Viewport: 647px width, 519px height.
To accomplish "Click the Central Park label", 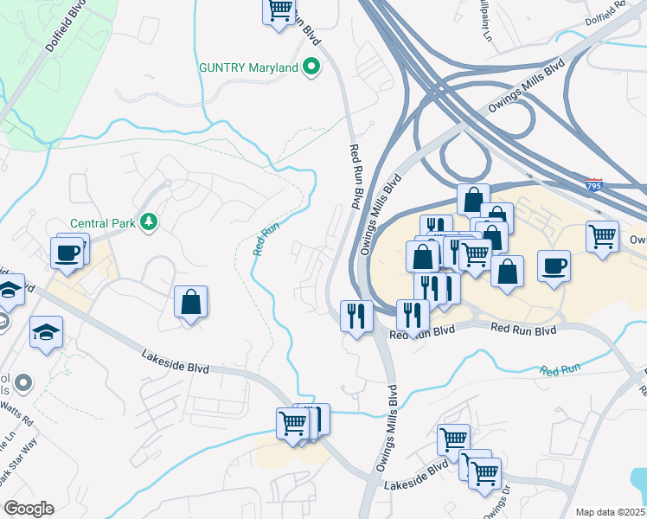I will click(102, 222).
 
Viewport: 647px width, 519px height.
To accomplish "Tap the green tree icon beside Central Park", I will click(150, 222).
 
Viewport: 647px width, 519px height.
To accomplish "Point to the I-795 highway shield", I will click(593, 185).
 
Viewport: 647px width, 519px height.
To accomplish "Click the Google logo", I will click(29, 509).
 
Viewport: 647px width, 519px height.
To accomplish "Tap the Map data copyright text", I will click(611, 512).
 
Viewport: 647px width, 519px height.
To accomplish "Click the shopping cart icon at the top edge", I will click(279, 11).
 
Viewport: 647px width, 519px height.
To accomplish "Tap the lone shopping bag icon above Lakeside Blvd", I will click(191, 303).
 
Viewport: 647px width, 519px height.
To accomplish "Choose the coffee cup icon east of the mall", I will click(554, 266).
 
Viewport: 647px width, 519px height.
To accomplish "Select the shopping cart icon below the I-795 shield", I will click(602, 235).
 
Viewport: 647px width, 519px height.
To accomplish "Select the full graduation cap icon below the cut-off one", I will click(46, 332).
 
